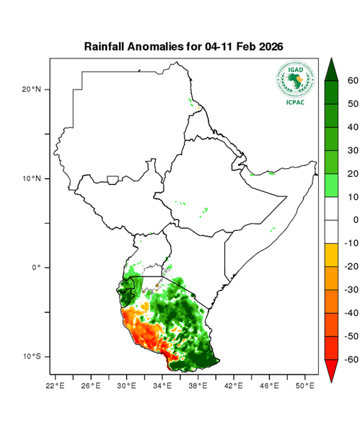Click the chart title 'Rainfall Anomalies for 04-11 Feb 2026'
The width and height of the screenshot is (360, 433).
point(183,46)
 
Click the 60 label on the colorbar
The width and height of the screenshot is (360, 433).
point(353,81)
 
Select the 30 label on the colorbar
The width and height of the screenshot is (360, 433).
point(353,150)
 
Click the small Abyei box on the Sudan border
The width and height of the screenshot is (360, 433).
point(113,179)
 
